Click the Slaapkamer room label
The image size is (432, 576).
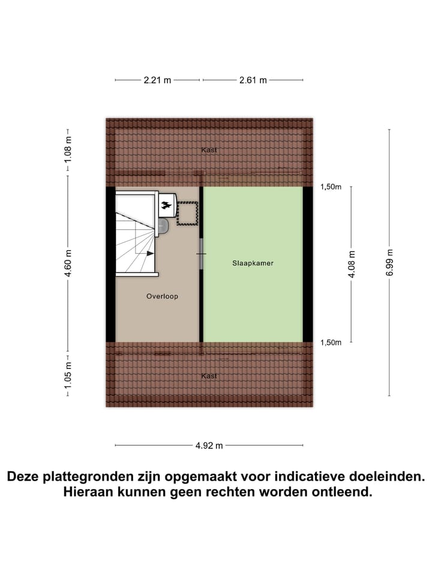[x=253, y=263]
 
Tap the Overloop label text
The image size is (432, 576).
[x=162, y=296]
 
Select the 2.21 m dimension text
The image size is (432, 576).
[x=158, y=80]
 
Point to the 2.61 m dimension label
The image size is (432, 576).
[x=253, y=80]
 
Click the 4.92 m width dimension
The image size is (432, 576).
[x=209, y=445]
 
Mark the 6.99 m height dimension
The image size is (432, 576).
[x=389, y=262]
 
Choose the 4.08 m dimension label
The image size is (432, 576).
[x=351, y=264]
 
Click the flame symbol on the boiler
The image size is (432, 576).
[x=166, y=207]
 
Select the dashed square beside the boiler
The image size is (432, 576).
[x=187, y=215]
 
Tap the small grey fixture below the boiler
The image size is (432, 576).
[x=163, y=226]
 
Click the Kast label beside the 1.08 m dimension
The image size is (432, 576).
[x=209, y=150]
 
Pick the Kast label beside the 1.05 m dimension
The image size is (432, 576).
[x=209, y=376]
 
